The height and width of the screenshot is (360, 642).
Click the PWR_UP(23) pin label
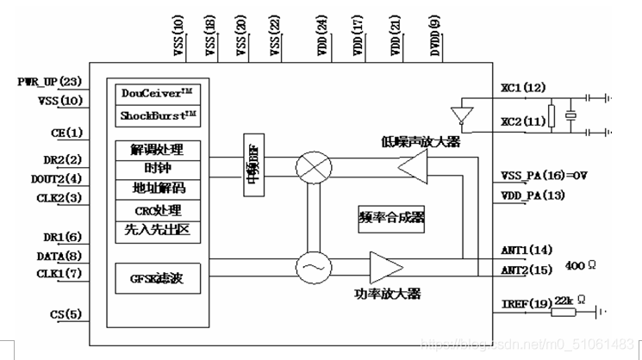pos(49,82)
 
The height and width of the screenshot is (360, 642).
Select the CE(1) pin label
pos(65,133)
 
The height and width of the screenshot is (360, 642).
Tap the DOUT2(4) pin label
pos(57,179)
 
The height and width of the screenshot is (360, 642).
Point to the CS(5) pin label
pos(66,313)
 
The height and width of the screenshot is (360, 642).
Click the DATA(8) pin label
pos(59,255)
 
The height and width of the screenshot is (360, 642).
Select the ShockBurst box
pos(158,115)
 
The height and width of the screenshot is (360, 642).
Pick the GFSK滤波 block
pos(158,279)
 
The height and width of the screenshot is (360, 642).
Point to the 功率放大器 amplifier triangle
pos(382,267)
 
